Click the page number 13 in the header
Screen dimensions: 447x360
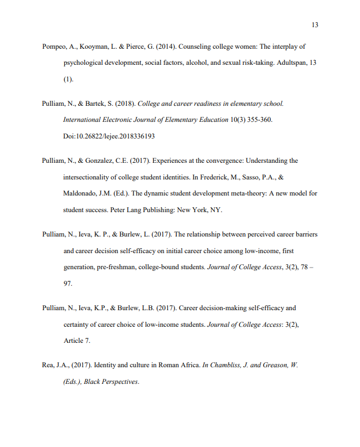[x=315, y=25]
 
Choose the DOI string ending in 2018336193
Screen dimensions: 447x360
[x=109, y=136]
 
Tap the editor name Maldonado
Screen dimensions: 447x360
[x=80, y=193]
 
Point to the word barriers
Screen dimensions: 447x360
[x=304, y=234]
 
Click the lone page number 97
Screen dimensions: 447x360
[x=68, y=283]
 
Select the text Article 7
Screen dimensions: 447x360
[x=77, y=341]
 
